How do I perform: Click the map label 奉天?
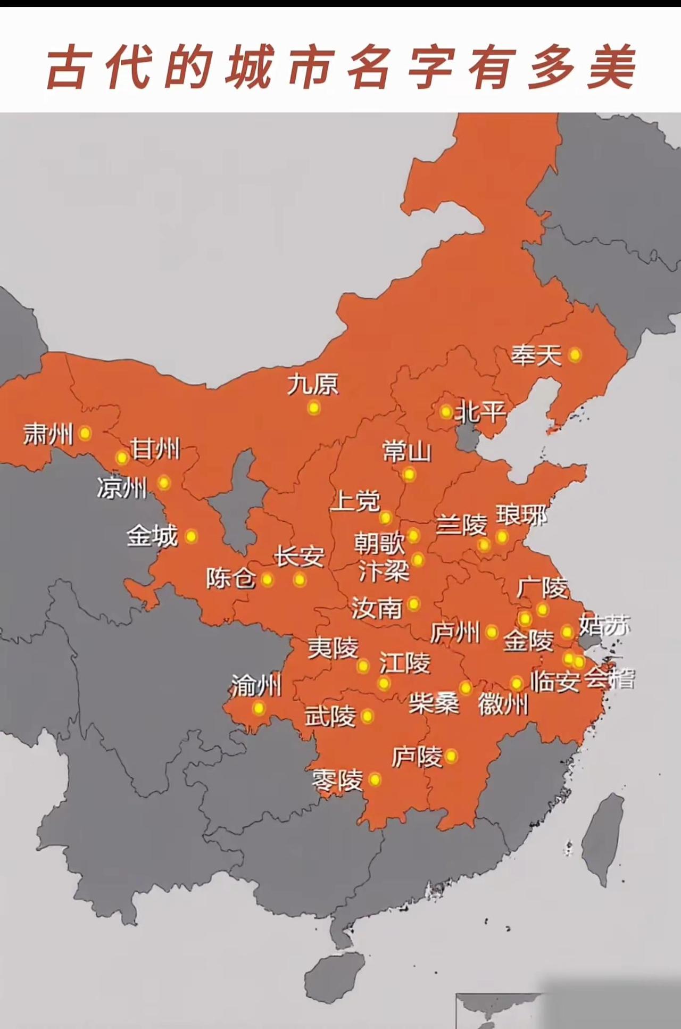click(x=536, y=355)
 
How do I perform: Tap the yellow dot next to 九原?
click(x=314, y=408)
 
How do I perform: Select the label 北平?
click(x=480, y=411)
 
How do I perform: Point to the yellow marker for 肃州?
click(x=85, y=433)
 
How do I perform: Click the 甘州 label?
click(x=155, y=449)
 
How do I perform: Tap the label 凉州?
click(x=122, y=487)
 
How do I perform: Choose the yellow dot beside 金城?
click(x=190, y=536)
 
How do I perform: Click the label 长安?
click(x=299, y=557)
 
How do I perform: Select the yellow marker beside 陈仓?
click(x=267, y=579)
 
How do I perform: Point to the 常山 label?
click(x=407, y=452)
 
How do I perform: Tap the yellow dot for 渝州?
click(x=259, y=708)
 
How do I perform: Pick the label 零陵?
click(x=337, y=781)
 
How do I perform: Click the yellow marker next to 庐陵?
click(x=451, y=756)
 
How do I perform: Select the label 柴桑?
click(x=434, y=703)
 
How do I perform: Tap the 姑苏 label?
click(x=604, y=626)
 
